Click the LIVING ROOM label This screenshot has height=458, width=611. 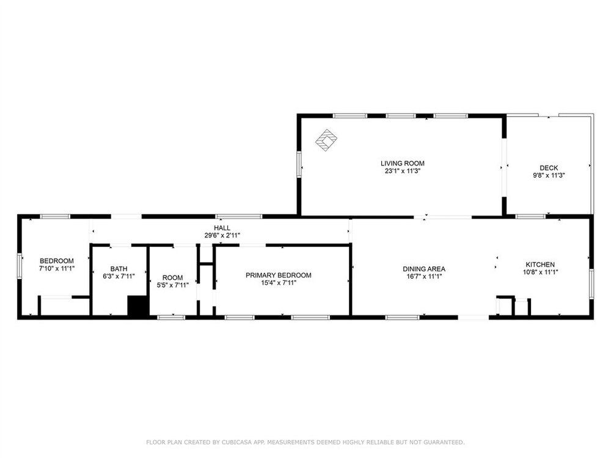click(x=403, y=164)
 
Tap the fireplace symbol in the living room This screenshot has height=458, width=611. click(x=326, y=139)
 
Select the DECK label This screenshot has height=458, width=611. click(x=549, y=168)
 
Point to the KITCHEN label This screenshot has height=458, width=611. click(x=540, y=264)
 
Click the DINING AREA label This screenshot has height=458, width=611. click(x=424, y=269)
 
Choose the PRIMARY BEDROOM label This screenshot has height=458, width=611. click(x=278, y=275)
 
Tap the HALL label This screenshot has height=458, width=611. click(x=222, y=228)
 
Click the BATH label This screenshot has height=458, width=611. click(x=119, y=269)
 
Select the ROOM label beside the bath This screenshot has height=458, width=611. click(x=173, y=278)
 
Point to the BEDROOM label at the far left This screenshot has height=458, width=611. click(x=57, y=261)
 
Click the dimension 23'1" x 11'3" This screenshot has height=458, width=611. click(x=403, y=171)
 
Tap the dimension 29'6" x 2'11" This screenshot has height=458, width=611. click(x=222, y=235)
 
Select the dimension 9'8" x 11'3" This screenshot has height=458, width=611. click(x=549, y=175)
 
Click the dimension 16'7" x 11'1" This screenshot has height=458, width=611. click(x=424, y=277)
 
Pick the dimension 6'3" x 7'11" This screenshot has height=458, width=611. click(x=119, y=277)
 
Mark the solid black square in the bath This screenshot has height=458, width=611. click(x=137, y=306)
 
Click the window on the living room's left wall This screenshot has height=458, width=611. click(x=299, y=164)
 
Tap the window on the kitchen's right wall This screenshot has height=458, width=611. click(x=591, y=285)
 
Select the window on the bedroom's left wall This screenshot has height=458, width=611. click(x=20, y=266)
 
